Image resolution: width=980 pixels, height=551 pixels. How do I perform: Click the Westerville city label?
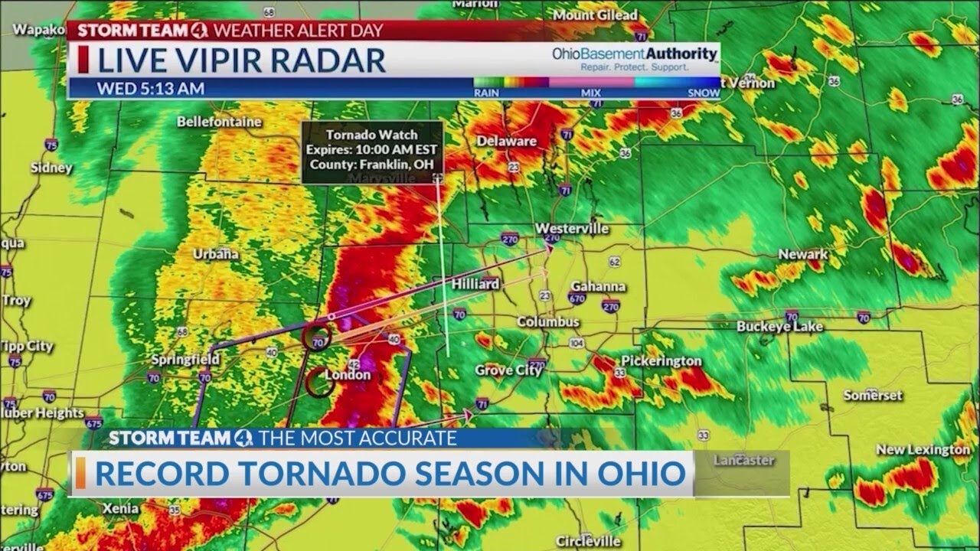point(572,229)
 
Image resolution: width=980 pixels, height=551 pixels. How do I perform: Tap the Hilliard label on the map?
point(475,284)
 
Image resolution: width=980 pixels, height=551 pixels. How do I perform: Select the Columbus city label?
point(548,322)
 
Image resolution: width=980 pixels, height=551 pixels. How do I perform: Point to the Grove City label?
point(509,370)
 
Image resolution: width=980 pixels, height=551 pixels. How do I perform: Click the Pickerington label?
point(661,360)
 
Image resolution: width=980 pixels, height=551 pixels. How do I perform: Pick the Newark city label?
point(803,254)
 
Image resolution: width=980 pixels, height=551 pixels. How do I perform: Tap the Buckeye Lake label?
point(780,327)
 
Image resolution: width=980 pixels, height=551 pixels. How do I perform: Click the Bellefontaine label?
point(219,122)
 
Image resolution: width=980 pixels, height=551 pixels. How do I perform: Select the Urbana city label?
point(215,254)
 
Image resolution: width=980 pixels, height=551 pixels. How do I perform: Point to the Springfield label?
point(185,360)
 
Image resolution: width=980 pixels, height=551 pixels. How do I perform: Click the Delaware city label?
point(507,141)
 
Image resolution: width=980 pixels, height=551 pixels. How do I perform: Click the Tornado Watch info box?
point(372,151)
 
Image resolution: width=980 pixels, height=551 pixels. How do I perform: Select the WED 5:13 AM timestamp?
point(150,89)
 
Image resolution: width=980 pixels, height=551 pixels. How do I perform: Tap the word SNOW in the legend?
point(703,93)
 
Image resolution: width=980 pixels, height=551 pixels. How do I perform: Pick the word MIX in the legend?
point(591,93)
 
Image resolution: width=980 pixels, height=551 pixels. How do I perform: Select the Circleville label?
point(588,541)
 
